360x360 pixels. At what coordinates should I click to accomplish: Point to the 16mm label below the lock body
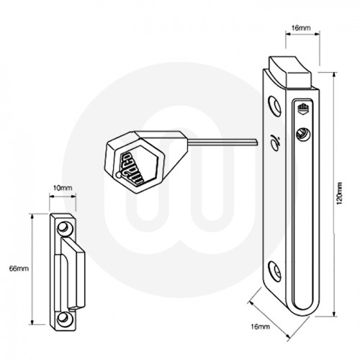[x=261, y=328]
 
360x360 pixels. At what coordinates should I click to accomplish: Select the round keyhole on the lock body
[x=302, y=135]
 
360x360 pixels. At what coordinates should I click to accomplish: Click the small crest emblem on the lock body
[x=302, y=110]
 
